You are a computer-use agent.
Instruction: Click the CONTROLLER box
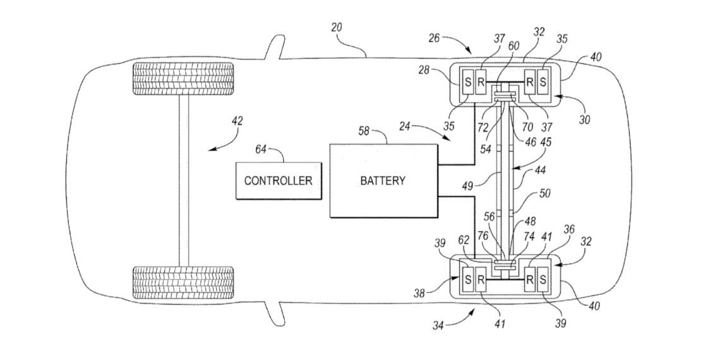(x=278, y=180)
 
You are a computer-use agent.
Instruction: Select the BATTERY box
(x=383, y=180)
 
